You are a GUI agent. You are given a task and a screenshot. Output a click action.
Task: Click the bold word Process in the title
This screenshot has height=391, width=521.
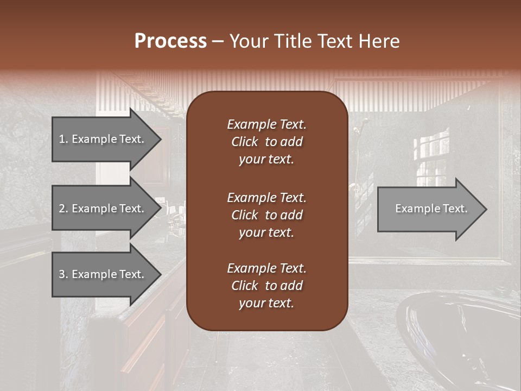pos(170,41)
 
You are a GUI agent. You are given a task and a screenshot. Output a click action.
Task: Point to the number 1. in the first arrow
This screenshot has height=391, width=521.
pos(63,139)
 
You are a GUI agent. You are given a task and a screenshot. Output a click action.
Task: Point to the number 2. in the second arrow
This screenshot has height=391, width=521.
pos(63,209)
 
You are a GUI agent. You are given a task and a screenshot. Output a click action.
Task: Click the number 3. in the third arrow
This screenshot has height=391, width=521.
pos(63,274)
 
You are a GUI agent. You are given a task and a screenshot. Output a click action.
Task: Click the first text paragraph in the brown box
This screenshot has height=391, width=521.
pos(266,142)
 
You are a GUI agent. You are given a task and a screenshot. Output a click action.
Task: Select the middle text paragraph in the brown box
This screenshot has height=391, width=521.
pos(266,215)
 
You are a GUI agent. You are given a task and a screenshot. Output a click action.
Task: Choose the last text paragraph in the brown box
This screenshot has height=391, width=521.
pos(266,286)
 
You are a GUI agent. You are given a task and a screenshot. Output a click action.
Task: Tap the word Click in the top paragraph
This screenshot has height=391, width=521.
pos(244,142)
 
